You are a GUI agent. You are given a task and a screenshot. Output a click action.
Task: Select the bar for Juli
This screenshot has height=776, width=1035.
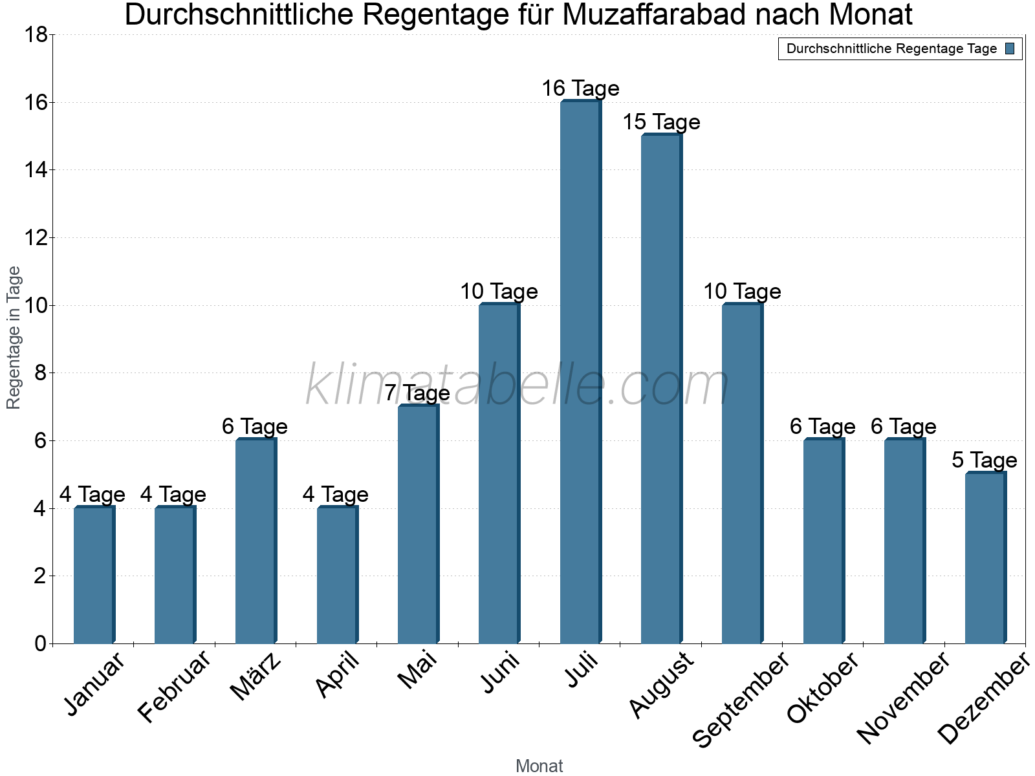580,372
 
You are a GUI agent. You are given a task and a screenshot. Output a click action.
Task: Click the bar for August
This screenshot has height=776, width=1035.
661,389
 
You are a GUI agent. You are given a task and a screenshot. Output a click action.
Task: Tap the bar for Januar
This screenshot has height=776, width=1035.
94,575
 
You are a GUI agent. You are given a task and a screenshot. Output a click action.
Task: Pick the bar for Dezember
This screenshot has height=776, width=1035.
985,558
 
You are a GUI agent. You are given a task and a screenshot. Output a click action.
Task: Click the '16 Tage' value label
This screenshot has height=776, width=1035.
580,89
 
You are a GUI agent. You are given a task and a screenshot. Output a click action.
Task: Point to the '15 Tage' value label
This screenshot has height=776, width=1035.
661,122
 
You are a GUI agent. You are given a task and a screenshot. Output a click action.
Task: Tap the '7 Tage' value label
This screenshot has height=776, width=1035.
417,393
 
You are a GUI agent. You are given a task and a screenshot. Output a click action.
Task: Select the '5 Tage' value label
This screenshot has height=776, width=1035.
985,460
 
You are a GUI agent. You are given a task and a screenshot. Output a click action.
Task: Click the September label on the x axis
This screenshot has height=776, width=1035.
741,698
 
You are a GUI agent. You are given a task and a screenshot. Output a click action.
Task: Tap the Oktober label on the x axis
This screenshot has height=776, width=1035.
823,687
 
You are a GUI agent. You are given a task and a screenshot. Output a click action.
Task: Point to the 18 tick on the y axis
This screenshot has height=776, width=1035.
36,35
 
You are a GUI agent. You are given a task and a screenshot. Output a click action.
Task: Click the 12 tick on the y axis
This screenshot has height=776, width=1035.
36,238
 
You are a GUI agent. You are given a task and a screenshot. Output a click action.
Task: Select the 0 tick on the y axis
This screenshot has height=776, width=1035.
40,643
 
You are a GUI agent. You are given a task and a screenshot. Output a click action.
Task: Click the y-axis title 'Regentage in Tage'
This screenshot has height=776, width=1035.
14,338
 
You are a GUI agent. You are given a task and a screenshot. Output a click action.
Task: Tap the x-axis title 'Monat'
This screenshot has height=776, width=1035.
539,766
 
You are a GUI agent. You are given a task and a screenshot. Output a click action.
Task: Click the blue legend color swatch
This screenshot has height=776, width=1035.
1010,48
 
